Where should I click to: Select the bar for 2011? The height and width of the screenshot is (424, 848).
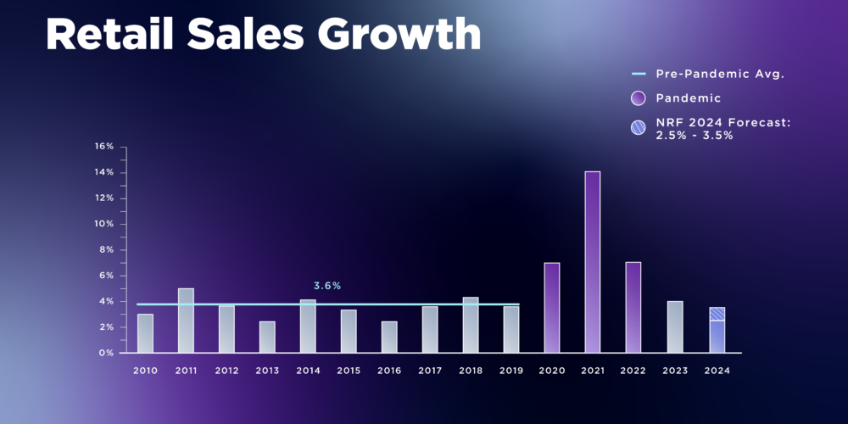click(x=186, y=321)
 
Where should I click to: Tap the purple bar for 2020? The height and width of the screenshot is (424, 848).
click(x=551, y=307)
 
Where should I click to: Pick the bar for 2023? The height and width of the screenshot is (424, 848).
click(x=674, y=326)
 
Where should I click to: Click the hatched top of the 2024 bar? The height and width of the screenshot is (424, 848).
click(x=717, y=314)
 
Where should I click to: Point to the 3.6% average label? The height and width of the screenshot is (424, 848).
click(x=327, y=286)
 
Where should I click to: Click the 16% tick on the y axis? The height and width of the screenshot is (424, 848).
click(x=104, y=147)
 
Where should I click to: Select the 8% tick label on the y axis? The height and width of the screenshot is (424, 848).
click(x=106, y=250)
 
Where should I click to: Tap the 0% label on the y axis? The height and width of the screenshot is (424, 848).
click(x=106, y=353)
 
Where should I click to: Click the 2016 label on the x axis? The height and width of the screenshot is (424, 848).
click(x=389, y=371)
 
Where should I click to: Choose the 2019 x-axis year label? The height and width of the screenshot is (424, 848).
click(x=511, y=371)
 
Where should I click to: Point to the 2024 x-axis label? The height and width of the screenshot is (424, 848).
click(x=717, y=371)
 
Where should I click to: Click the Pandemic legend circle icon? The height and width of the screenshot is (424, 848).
click(x=639, y=98)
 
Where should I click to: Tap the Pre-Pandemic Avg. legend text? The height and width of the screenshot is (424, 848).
click(x=720, y=74)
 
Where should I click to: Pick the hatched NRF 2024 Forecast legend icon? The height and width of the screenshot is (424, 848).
click(x=639, y=128)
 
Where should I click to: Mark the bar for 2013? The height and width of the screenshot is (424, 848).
click(x=267, y=337)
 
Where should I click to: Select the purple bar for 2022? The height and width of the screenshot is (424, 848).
click(x=633, y=307)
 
